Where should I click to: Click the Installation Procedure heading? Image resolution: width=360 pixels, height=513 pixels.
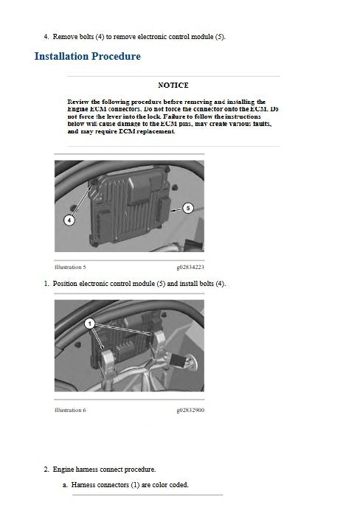88,56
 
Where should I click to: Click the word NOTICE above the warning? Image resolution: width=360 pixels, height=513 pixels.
173,85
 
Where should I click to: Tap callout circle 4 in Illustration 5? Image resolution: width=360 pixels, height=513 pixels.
69,219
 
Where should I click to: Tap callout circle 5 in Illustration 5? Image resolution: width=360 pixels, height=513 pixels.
187,209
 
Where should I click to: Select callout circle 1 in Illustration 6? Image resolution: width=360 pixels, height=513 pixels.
89,323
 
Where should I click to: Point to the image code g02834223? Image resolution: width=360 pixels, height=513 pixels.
190,267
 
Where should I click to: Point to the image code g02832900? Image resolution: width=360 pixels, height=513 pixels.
190,409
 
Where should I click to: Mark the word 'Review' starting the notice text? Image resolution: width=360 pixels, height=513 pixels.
78,102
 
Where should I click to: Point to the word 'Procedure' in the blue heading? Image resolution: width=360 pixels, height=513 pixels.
114,56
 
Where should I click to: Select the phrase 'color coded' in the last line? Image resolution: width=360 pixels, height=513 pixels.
170,484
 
